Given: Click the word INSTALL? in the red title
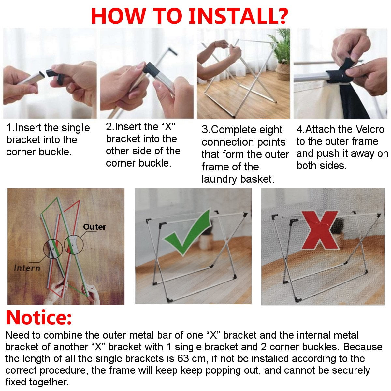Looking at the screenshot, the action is (x=238, y=16).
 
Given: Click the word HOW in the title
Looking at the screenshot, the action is (x=118, y=16).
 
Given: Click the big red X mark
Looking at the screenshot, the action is (x=319, y=230).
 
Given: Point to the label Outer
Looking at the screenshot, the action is (x=94, y=227).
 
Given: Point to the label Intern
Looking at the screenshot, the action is (x=27, y=268).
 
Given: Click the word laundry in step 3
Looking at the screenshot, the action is (x=219, y=179).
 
